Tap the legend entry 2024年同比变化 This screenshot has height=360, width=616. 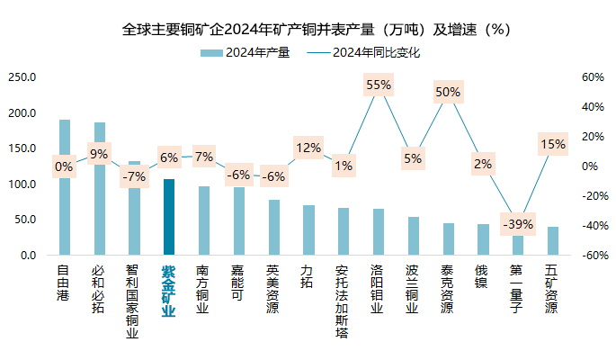tap(376, 52)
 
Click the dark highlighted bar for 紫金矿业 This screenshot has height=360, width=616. tap(169, 217)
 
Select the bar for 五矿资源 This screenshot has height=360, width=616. tap(552, 241)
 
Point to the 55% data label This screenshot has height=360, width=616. tap(379, 85)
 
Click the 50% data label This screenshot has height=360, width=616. tap(448, 91)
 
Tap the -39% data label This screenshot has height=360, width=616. tap(518, 224)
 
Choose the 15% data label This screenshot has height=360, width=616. tap(552, 144)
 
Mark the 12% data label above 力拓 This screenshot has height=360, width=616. tap(308, 148)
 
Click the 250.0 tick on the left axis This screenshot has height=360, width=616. tap(21, 77)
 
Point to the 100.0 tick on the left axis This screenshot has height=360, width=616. tap(21, 184)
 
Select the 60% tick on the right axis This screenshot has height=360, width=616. tap(591, 77)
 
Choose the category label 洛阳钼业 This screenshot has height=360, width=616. tap(378, 288)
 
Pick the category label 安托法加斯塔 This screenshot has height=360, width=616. tap(343, 302)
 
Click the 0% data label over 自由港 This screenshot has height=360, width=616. tap(64, 166)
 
